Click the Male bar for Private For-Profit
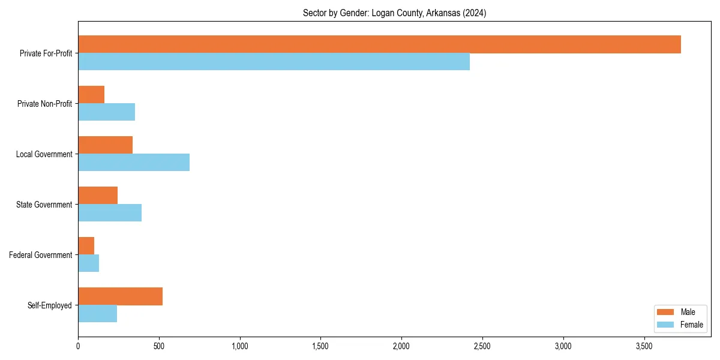point(379,44)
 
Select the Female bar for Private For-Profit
point(274,62)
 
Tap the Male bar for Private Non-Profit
point(91,95)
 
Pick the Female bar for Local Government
point(134,163)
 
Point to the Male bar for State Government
point(98,196)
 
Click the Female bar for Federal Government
point(88,263)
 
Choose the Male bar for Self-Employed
point(120,296)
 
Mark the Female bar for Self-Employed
point(97,314)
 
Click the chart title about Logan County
point(394,13)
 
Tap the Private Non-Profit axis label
point(44,104)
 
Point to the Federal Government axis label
point(41,255)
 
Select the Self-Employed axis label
point(50,305)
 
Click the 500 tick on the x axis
point(159,346)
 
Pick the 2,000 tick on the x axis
point(401,346)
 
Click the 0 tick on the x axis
point(78,346)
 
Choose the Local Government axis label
point(44,154)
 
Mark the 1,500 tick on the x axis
point(320,346)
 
